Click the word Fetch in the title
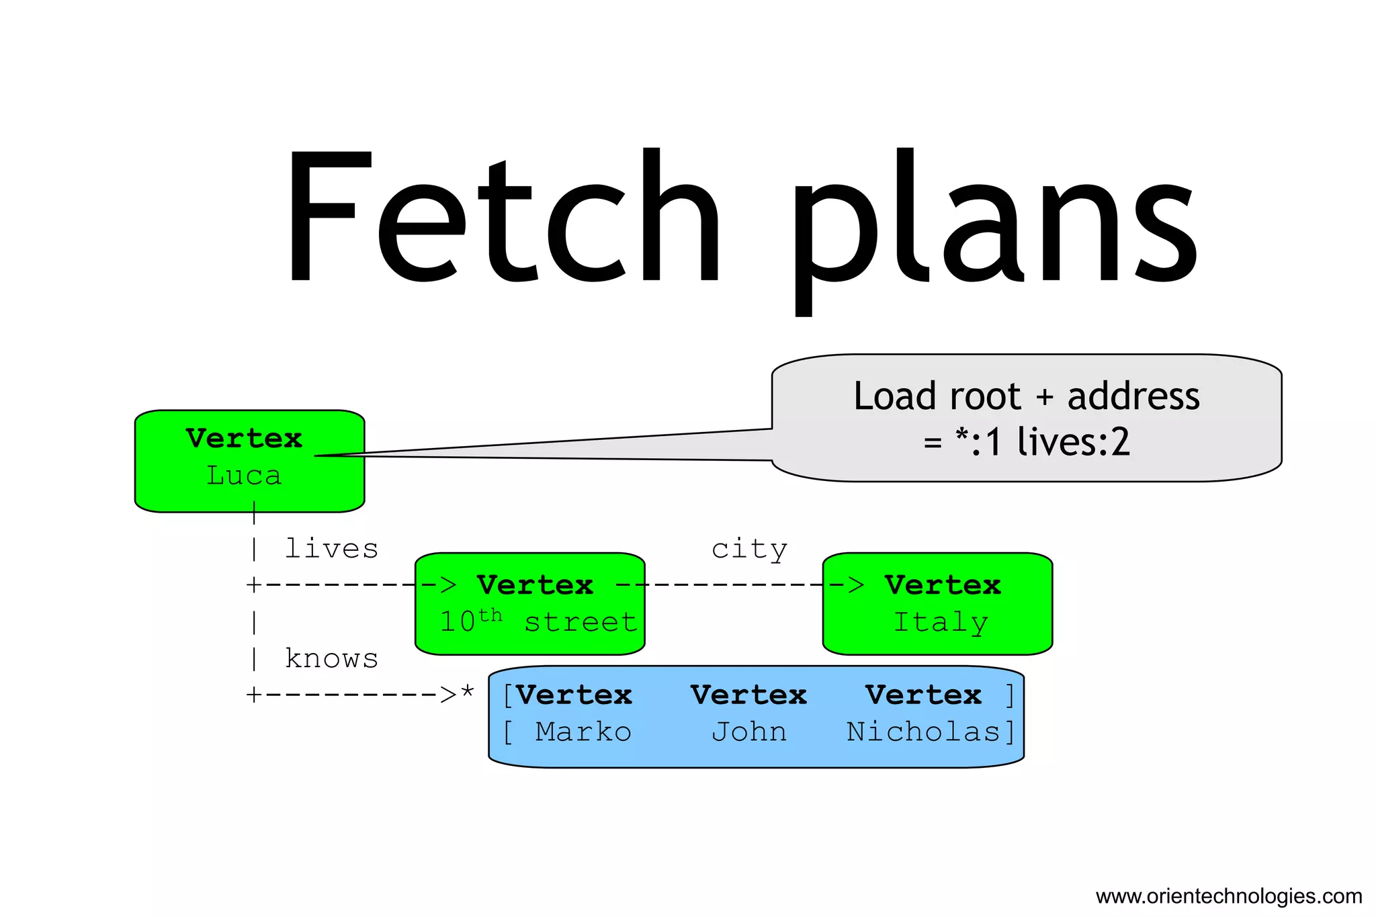coord(501,215)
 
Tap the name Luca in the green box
coord(244,476)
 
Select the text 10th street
coord(537,621)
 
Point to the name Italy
coord(941,622)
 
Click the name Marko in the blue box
coord(583,732)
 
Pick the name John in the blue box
coord(749,732)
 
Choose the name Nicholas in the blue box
coord(923,732)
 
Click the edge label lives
coord(331,549)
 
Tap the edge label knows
coord(331,658)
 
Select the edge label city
coord(749,550)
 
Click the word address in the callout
coord(1133,396)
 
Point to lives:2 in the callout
coord(1073,442)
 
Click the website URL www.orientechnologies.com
coord(1228,896)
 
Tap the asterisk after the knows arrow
coord(468,692)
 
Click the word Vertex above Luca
coord(244,439)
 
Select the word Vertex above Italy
coord(943,585)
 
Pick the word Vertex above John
coord(748,695)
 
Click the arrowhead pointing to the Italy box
coord(855,585)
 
